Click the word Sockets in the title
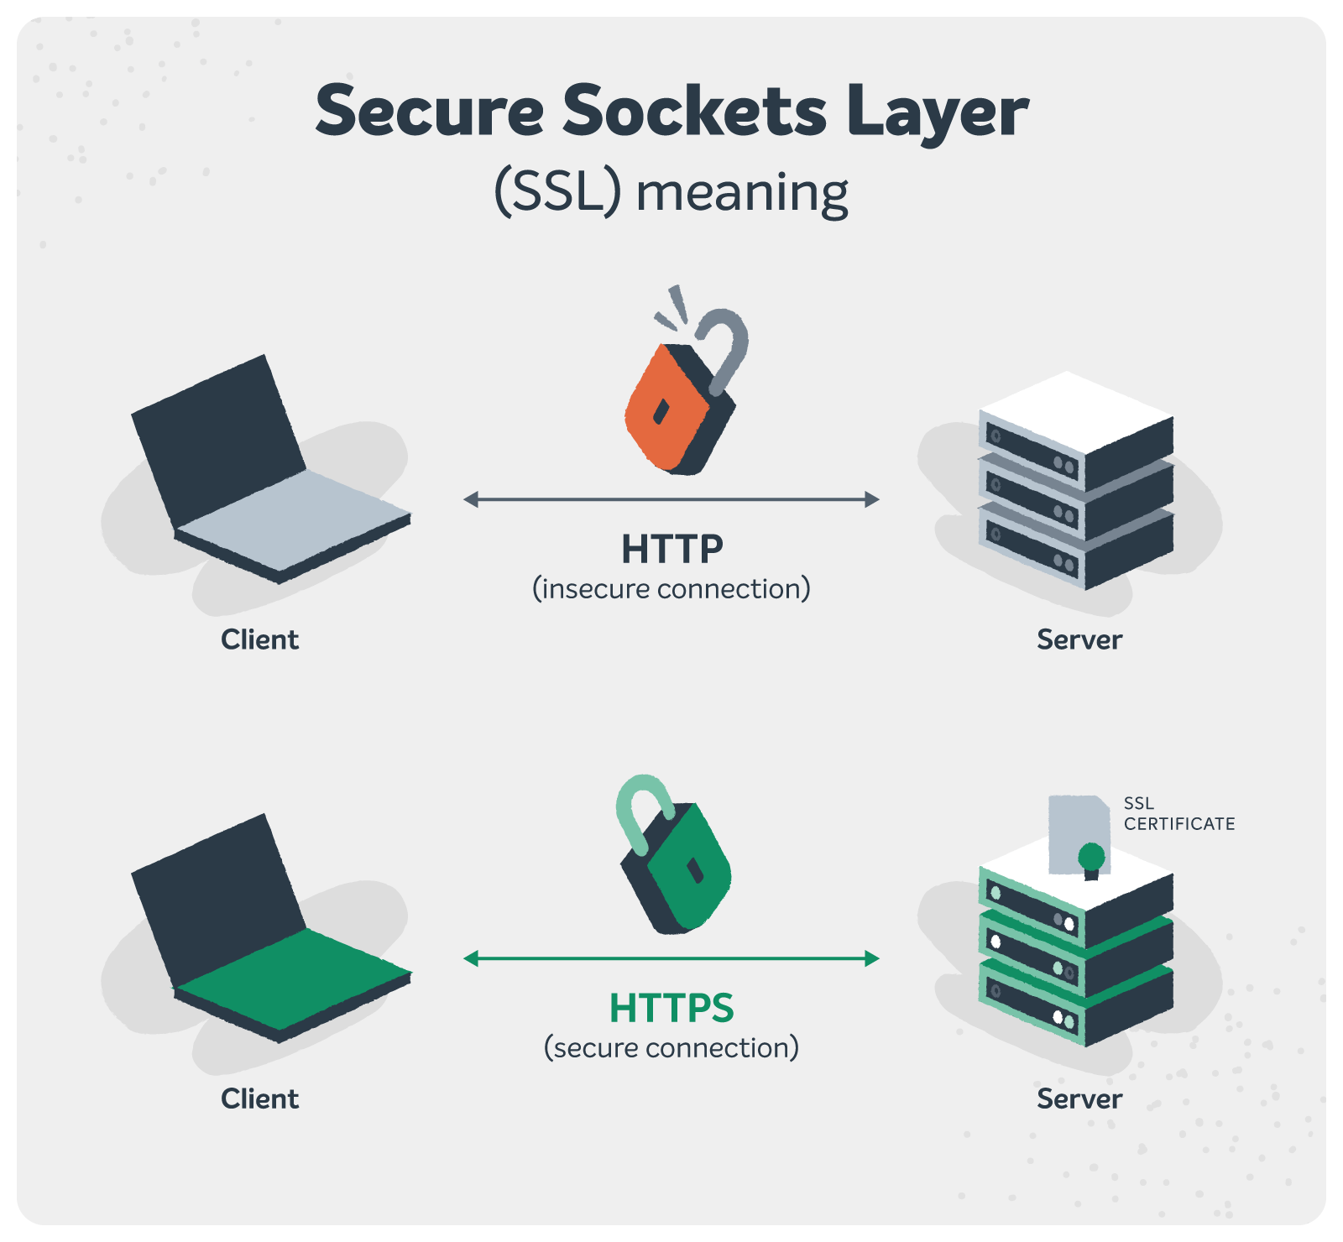694,112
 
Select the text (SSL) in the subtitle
557,192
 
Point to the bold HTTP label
671,550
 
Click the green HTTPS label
671,1008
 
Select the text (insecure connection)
671,589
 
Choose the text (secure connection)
671,1048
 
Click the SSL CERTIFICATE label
1178,814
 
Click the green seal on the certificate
1091,858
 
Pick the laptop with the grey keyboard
269,478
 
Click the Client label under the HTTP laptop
259,640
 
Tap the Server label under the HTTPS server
1079,1099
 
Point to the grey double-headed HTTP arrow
671,499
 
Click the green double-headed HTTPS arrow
671,958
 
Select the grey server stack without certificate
1076,483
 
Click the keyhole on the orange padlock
661,412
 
